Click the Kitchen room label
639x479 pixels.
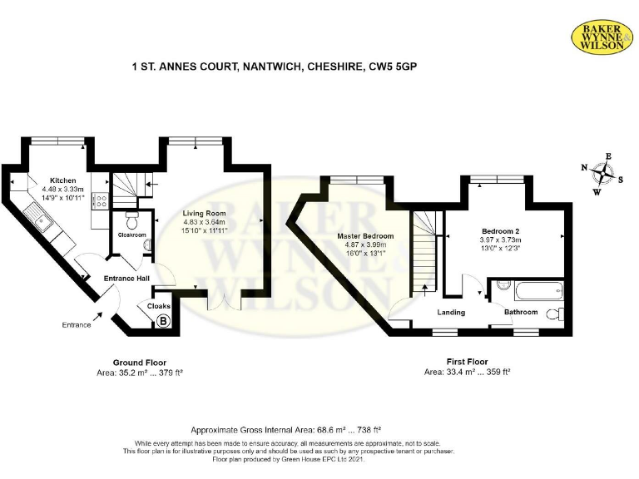click(62, 180)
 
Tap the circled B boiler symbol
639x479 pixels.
click(163, 319)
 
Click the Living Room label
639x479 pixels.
click(204, 214)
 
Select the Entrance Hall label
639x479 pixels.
click(126, 279)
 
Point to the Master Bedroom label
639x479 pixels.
click(365, 236)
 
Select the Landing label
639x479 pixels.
click(453, 312)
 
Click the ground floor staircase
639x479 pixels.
click(127, 189)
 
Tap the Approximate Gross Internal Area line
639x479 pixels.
click(286, 430)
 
